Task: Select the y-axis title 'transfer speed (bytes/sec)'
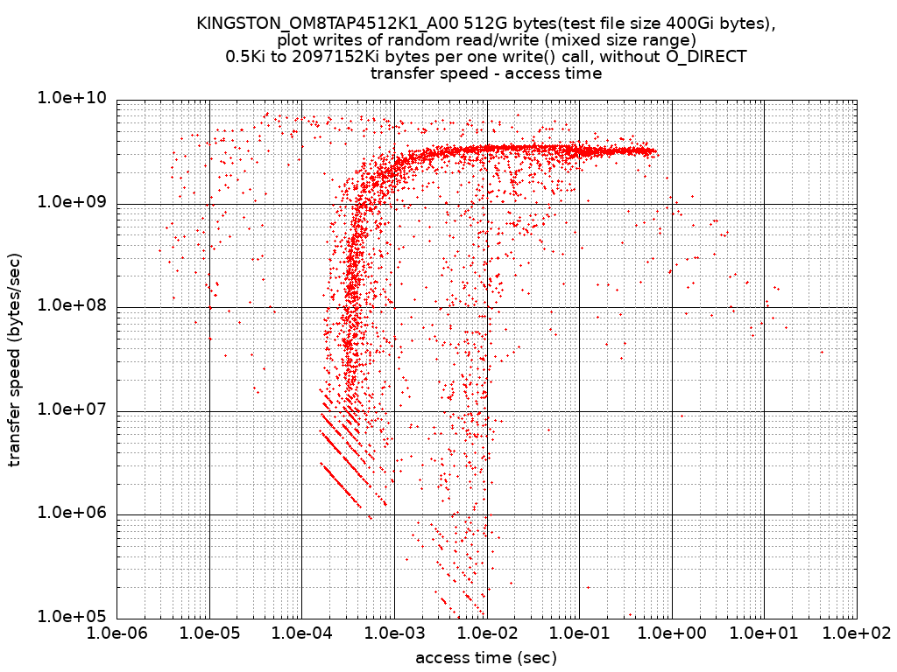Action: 15,359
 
